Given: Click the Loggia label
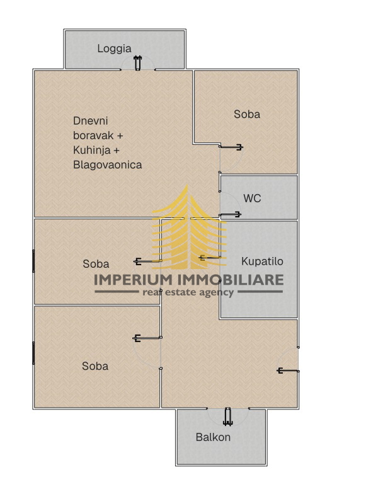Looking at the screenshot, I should pyautogui.click(x=114, y=49).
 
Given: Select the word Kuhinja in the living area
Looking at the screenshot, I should pyautogui.click(x=93, y=150).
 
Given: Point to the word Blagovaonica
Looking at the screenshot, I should pyautogui.click(x=107, y=165).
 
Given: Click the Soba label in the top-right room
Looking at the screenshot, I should pyautogui.click(x=246, y=114).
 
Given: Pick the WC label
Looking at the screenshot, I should pyautogui.click(x=252, y=198).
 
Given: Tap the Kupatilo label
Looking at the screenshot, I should pyautogui.click(x=262, y=261).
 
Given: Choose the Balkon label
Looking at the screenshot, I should pyautogui.click(x=213, y=437).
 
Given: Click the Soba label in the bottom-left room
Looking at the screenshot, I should pyautogui.click(x=95, y=365).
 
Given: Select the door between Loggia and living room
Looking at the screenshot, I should pyautogui.click(x=138, y=64).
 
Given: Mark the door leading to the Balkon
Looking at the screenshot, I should pyautogui.click(x=227, y=416).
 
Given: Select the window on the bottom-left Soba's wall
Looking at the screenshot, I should pyautogui.click(x=33, y=352).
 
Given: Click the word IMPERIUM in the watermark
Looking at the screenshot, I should pyautogui.click(x=134, y=280).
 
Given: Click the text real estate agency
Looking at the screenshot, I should pyautogui.click(x=188, y=292).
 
